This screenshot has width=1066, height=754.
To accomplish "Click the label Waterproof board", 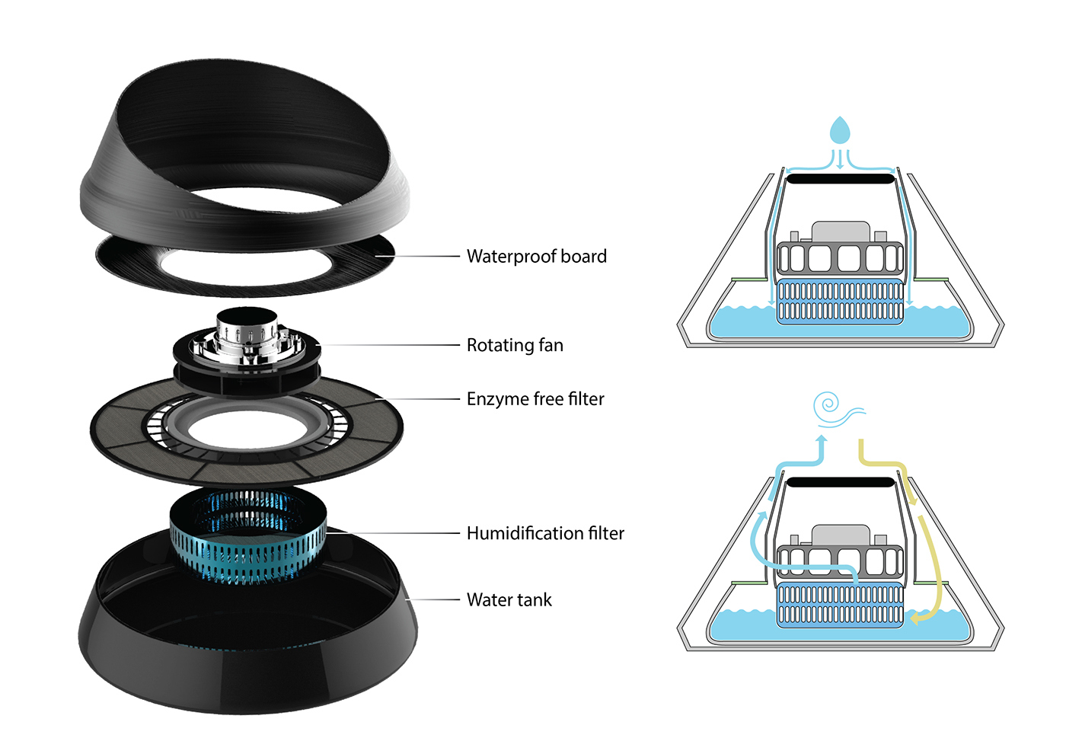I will click(x=536, y=257).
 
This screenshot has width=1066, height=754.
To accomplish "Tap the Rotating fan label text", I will click(x=515, y=346).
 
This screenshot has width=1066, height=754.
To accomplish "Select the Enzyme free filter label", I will click(x=535, y=399).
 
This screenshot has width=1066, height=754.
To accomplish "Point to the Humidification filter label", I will click(x=545, y=533).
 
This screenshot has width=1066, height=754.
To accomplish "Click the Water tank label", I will click(x=509, y=600).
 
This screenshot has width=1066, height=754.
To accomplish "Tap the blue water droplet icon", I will click(x=839, y=130).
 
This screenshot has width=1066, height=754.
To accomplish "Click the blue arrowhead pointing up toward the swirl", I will click(x=821, y=440).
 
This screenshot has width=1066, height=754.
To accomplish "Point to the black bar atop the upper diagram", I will click(x=840, y=179).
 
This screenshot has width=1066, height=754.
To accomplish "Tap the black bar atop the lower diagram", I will click(x=840, y=482).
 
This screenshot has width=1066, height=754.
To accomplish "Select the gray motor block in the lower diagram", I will click(x=840, y=534).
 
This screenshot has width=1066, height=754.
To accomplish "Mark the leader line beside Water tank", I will click(x=434, y=600).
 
